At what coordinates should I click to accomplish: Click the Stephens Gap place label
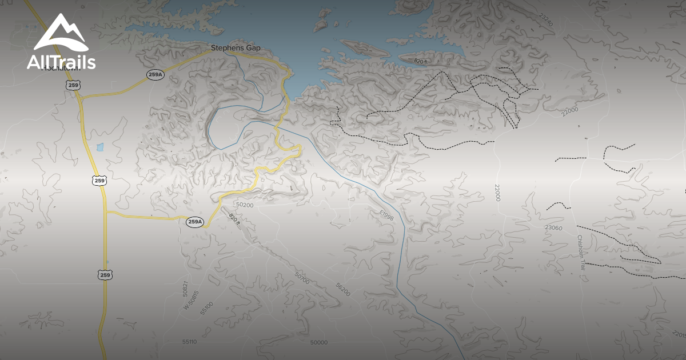[x=236, y=48]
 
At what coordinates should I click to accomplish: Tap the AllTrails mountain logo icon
[x=61, y=34]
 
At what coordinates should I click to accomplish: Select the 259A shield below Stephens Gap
[x=155, y=74]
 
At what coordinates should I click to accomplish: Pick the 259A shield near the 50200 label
[x=195, y=222]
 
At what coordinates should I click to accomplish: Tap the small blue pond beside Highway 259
[x=101, y=147]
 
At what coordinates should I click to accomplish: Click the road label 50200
[x=244, y=205]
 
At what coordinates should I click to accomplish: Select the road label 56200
[x=343, y=289]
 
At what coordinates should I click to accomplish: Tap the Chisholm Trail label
[x=581, y=257]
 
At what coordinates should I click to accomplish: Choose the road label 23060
[x=553, y=227]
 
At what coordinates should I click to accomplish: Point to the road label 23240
[x=547, y=21]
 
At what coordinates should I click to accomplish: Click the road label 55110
[x=189, y=342]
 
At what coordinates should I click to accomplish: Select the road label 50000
[x=318, y=342]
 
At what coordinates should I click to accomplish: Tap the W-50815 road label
[x=191, y=301]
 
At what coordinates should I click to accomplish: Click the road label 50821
[x=185, y=288]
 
